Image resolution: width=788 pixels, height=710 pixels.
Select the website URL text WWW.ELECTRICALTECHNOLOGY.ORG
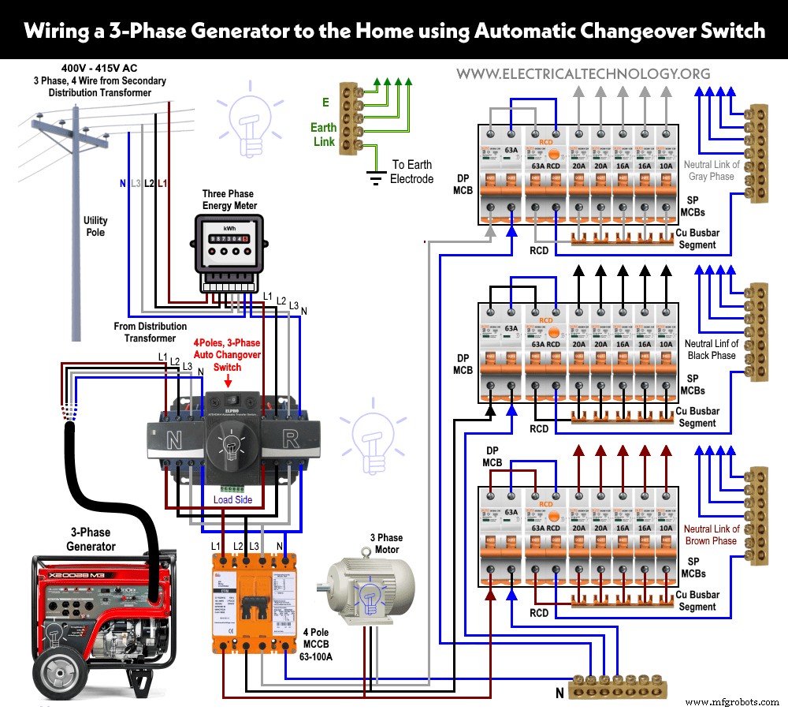coord(583,74)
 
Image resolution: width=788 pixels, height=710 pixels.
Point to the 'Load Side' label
coord(232,499)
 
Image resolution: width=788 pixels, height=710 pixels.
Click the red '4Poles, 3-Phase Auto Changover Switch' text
coord(227,355)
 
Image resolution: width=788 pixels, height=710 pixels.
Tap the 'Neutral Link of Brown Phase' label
coord(712,535)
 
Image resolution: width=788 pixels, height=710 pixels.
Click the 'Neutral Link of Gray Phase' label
coord(712,170)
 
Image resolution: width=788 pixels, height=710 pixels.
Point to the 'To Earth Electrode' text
coord(411,172)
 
